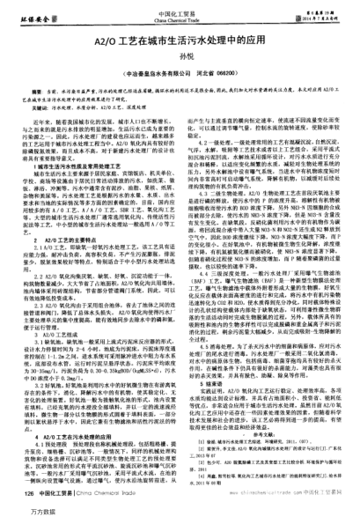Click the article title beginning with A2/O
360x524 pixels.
coord(180,41)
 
